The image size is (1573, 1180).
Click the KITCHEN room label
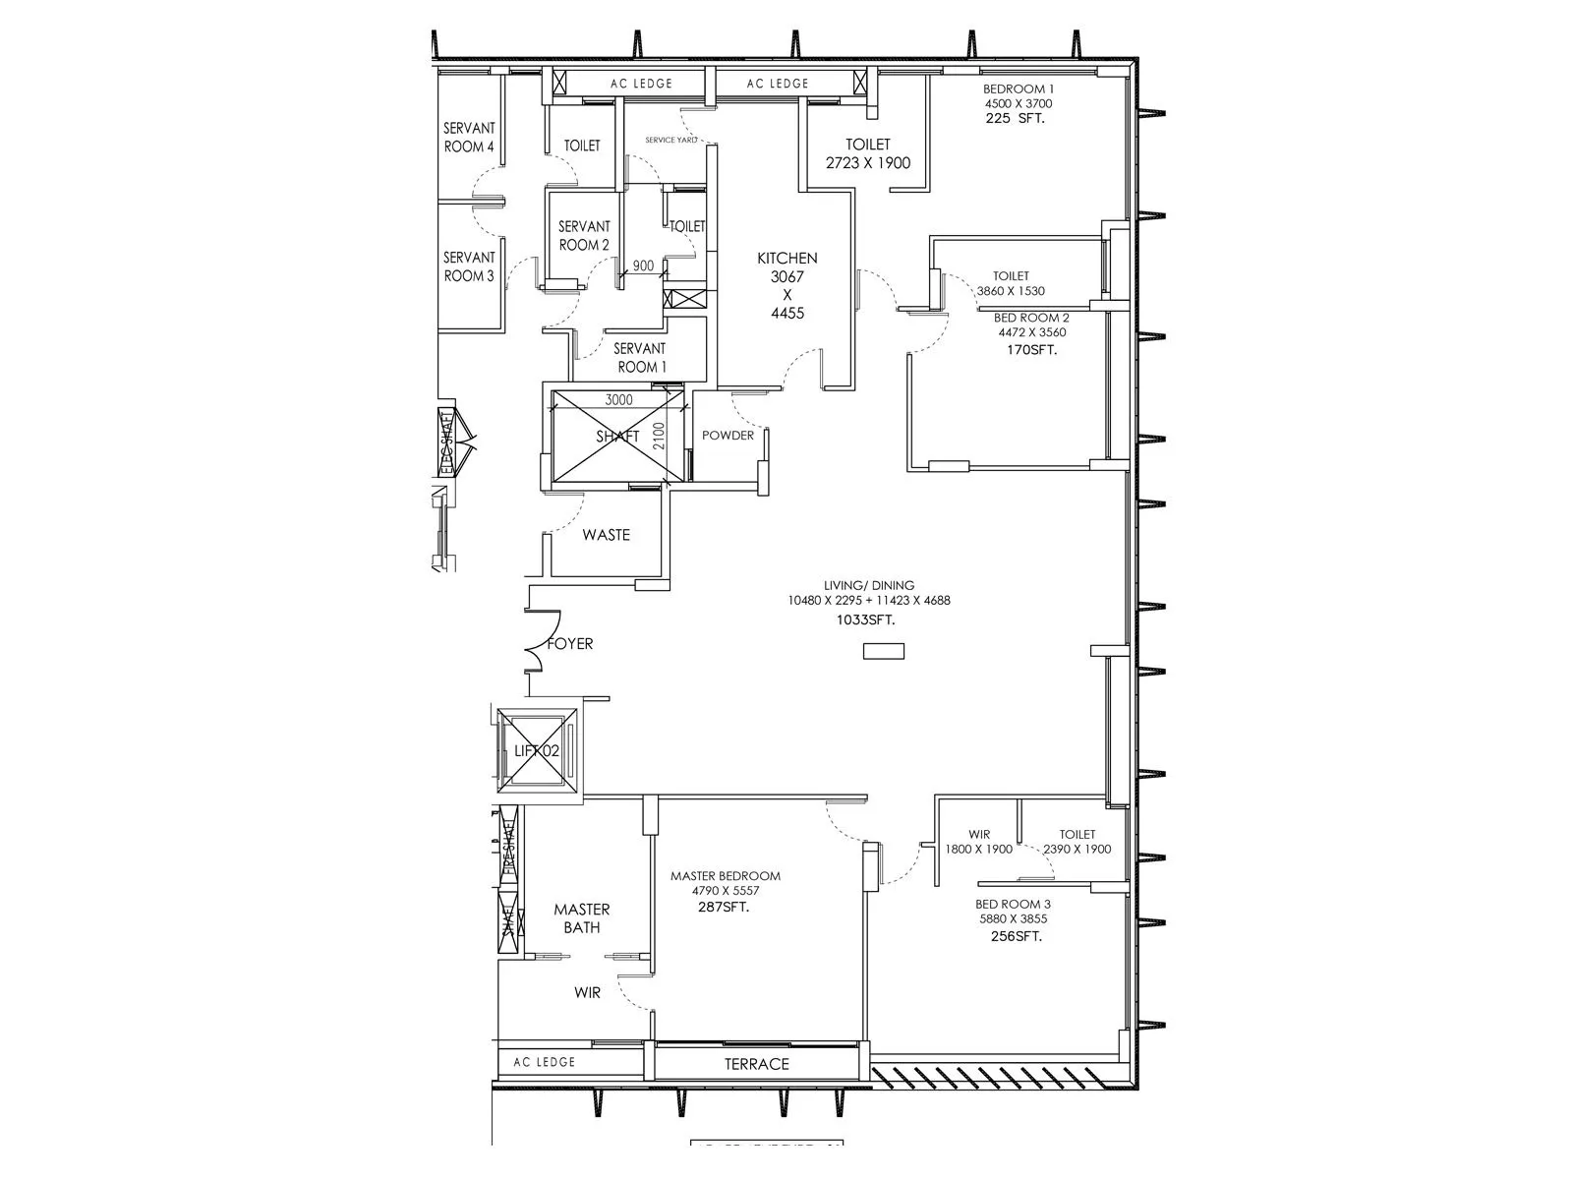tap(786, 259)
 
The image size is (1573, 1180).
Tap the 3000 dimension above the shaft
tap(618, 400)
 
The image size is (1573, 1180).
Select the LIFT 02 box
tap(537, 750)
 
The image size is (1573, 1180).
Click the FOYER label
tap(570, 644)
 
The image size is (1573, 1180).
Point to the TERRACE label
tap(757, 1064)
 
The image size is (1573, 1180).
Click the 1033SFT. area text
tap(865, 620)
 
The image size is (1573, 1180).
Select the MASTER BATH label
tap(581, 918)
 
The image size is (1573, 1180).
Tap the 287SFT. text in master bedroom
tap(723, 907)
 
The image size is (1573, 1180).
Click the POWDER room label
tap(728, 436)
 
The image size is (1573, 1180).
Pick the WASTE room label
tap(606, 535)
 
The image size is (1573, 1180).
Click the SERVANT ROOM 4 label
tap(469, 138)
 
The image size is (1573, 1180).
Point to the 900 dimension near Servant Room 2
tap(643, 266)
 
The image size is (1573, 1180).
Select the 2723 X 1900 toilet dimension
tap(868, 163)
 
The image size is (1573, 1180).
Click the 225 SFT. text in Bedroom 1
tap(1015, 118)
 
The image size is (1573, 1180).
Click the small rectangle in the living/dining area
tap(883, 651)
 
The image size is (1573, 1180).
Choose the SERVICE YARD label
tap(670, 141)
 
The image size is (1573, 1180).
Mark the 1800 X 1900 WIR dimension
tap(978, 850)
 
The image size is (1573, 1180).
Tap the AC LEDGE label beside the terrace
tap(544, 1062)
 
